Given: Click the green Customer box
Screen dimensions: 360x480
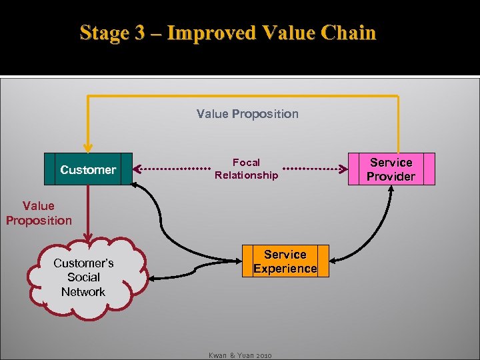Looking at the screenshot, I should tap(88, 169).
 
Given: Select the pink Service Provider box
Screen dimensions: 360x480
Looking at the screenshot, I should tap(391, 169).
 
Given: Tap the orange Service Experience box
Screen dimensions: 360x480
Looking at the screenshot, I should tap(285, 261).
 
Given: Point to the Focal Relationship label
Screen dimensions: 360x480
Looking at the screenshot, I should tap(246, 169).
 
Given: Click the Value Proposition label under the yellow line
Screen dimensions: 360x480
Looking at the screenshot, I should tap(247, 114).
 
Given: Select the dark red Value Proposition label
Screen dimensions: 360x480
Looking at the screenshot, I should tap(39, 213).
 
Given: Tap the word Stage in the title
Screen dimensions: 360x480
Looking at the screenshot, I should tap(104, 33).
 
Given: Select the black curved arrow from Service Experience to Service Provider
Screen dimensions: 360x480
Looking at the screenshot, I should tap(373, 230).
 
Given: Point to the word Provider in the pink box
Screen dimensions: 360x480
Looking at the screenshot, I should tap(391, 177).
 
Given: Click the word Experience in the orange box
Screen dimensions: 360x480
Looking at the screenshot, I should tap(285, 269).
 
